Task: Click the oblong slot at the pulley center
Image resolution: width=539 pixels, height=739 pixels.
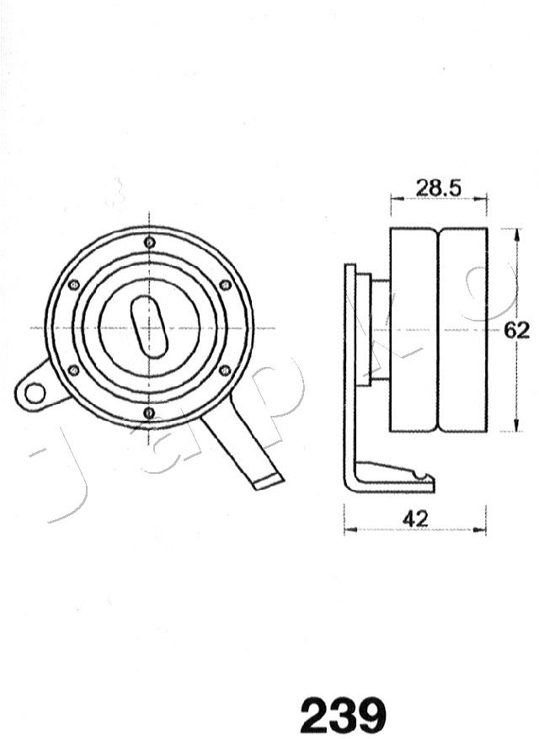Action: click(x=150, y=327)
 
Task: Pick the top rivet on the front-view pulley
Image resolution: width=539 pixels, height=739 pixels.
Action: click(x=150, y=242)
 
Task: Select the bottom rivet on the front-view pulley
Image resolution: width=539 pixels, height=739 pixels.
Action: click(x=149, y=412)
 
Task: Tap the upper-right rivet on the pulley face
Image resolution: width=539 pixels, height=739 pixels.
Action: click(x=225, y=284)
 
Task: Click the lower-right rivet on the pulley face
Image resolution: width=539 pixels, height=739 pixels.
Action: click(x=225, y=369)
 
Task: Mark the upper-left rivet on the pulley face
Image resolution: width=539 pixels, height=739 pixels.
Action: click(x=74, y=284)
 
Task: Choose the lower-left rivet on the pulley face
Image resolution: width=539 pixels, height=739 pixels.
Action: click(x=74, y=369)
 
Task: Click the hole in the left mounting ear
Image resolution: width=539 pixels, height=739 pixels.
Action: click(x=35, y=392)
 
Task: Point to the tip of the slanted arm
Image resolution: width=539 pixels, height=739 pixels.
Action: click(x=269, y=481)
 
